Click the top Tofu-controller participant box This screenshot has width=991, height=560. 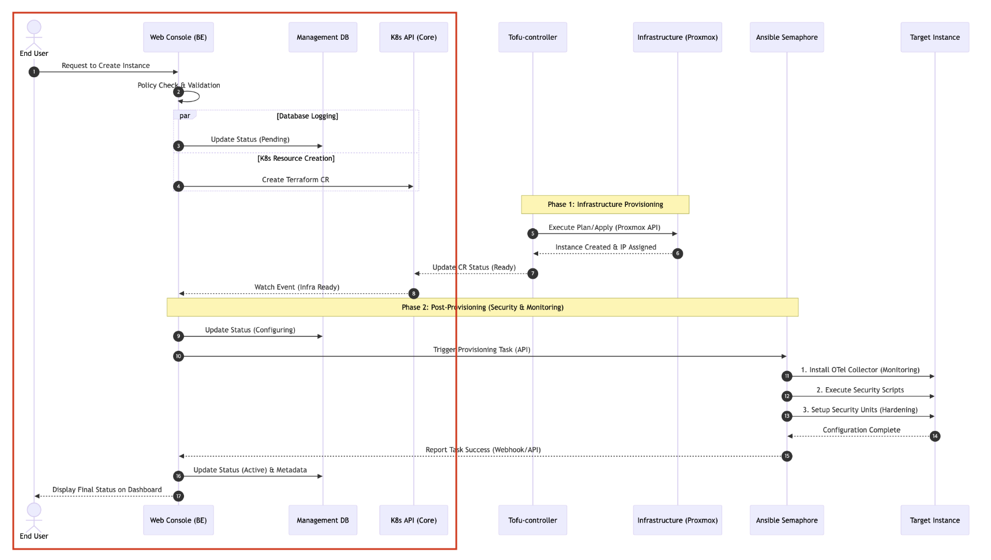coord(532,37)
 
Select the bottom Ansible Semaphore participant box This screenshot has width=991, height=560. coord(787,520)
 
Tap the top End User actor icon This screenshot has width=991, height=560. coord(34,34)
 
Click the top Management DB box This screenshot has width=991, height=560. coord(322,37)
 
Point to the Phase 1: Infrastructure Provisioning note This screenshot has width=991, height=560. coord(605,205)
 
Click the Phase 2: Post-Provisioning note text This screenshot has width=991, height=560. coord(482,308)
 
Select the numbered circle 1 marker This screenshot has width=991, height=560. coord(34,72)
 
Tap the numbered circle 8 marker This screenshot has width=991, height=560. coord(414,294)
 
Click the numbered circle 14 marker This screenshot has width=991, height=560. coord(935,436)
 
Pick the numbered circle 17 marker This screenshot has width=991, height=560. coord(178,496)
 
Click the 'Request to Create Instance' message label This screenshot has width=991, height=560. coord(106,66)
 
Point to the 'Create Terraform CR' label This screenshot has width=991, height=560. coord(295,180)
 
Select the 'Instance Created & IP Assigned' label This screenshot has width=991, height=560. coord(606,247)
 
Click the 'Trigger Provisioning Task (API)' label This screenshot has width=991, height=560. coord(482,350)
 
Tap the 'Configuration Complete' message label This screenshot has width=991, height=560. coord(861,430)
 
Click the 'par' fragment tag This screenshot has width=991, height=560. coord(185,115)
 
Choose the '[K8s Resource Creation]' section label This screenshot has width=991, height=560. coord(296,158)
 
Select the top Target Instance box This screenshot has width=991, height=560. coord(935,37)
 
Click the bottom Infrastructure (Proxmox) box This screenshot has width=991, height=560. coord(678,520)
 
